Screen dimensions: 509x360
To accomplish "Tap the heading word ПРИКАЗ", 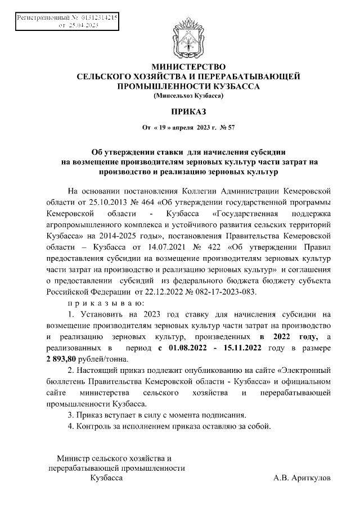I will coord(188,112).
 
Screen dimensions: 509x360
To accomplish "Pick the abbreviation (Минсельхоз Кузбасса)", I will coord(188,96).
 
